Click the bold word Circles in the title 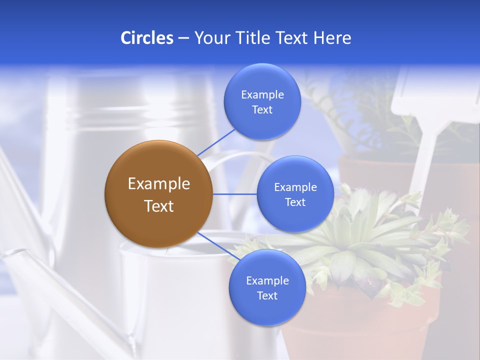click(x=146, y=38)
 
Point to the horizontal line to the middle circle click(x=235, y=194)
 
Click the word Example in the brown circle click(x=159, y=184)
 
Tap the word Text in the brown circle click(x=159, y=206)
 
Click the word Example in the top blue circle click(x=262, y=95)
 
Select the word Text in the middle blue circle click(x=295, y=202)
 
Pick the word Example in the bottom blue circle click(x=267, y=281)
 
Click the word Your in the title click(x=210, y=38)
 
